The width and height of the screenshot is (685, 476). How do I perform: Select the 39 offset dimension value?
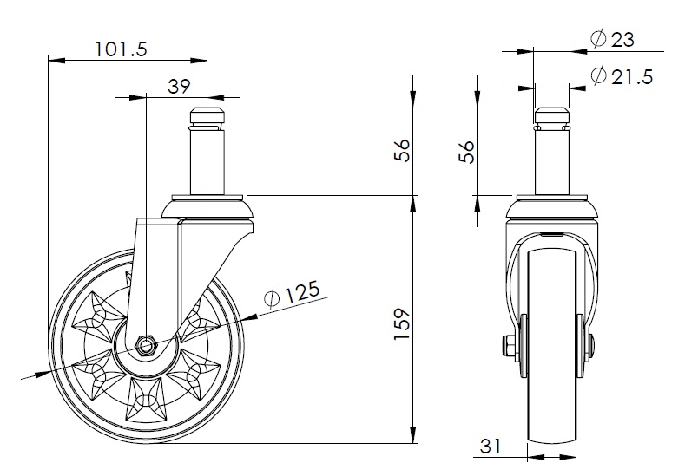click(178, 86)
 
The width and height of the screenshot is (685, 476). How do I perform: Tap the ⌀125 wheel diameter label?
click(289, 294)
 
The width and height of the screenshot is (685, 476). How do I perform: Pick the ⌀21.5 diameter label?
click(621, 76)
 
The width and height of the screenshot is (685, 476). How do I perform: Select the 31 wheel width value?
click(492, 447)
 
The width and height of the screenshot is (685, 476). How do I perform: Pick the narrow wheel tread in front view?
click(552, 347)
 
